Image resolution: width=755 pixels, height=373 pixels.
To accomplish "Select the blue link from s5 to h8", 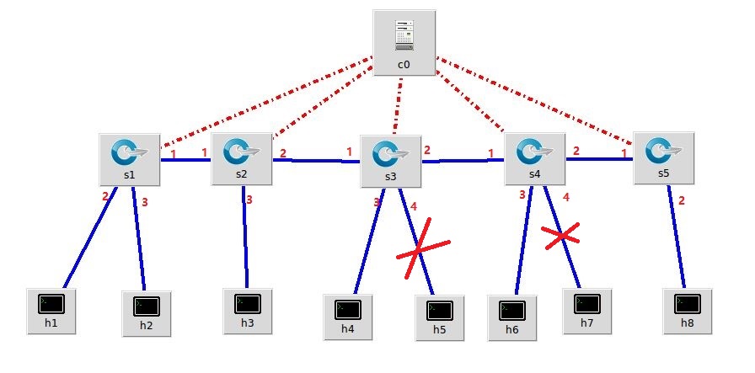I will pyautogui.click(x=677, y=236).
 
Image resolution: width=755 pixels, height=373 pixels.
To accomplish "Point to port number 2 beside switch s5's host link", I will pyautogui.click(x=682, y=200).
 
